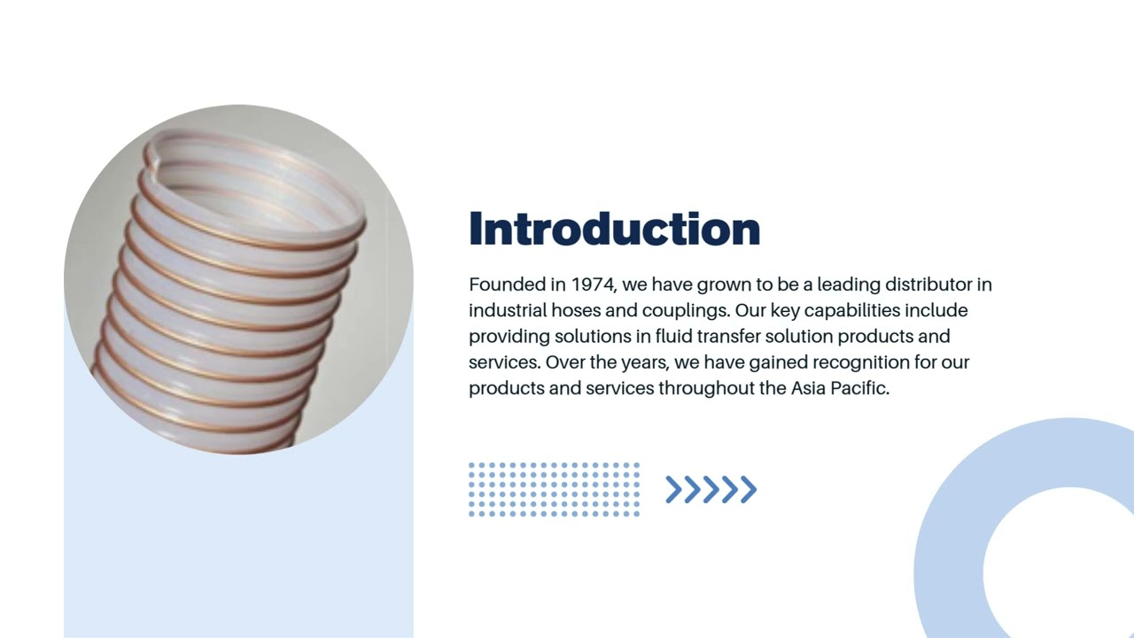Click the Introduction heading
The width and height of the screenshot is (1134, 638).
click(614, 229)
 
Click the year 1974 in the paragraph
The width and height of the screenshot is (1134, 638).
click(593, 284)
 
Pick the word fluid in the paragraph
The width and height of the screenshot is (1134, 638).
click(673, 336)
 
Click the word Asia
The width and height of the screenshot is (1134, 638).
click(808, 387)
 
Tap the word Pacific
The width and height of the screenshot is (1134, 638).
click(859, 387)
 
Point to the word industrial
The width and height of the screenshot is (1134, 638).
click(508, 310)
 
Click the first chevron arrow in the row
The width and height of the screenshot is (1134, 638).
click(674, 489)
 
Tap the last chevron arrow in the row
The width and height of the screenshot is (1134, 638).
click(749, 489)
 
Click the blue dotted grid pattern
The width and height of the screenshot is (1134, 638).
click(554, 489)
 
